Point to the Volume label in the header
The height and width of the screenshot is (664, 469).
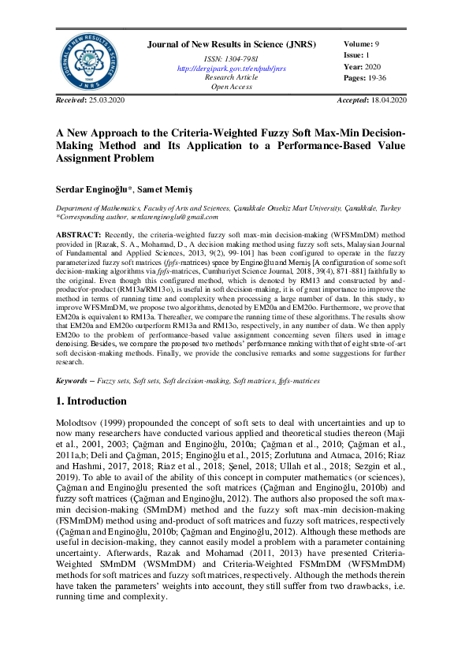tap(359, 44)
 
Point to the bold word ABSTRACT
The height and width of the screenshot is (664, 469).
tap(78, 235)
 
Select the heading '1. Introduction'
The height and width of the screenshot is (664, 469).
tap(91, 401)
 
